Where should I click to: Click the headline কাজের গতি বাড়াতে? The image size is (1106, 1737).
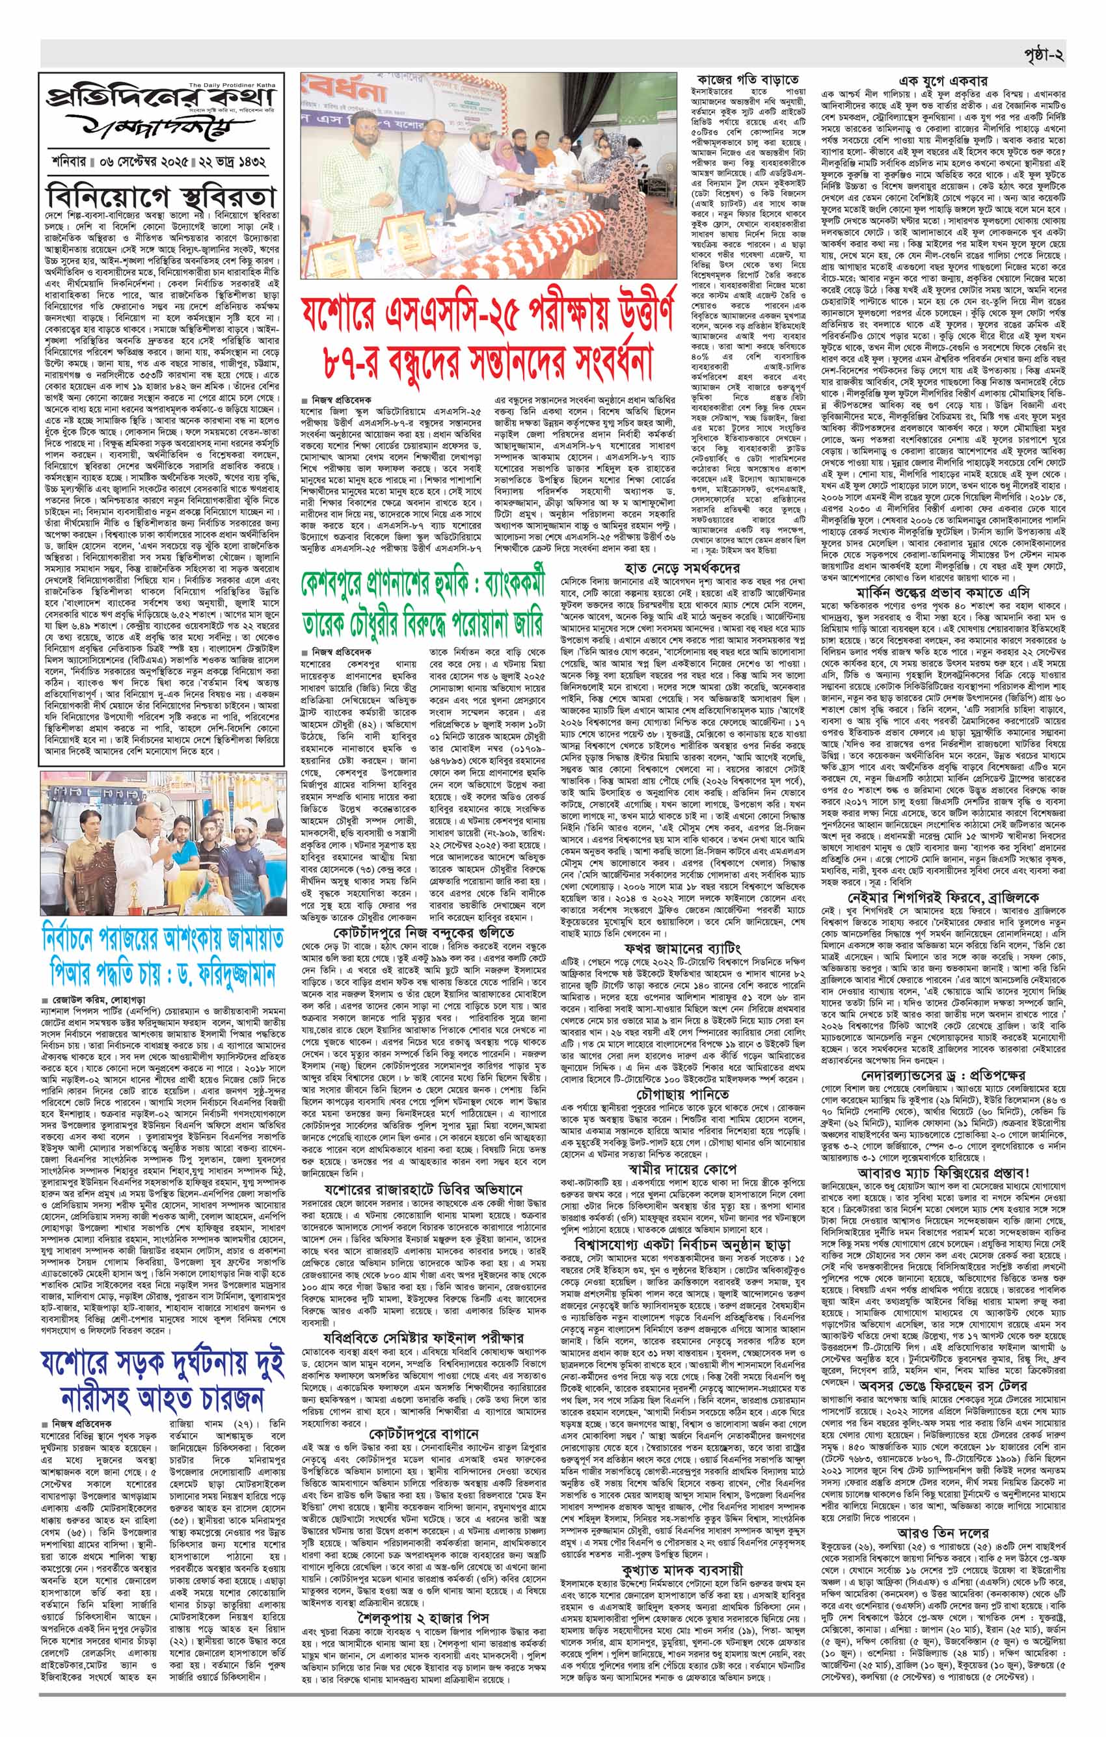[748, 79]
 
